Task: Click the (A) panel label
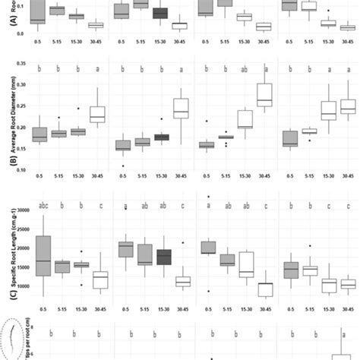[x=5, y=22]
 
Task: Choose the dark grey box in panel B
[x=160, y=137]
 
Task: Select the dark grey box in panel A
[x=160, y=13]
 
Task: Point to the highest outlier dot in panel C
[x=207, y=197]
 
